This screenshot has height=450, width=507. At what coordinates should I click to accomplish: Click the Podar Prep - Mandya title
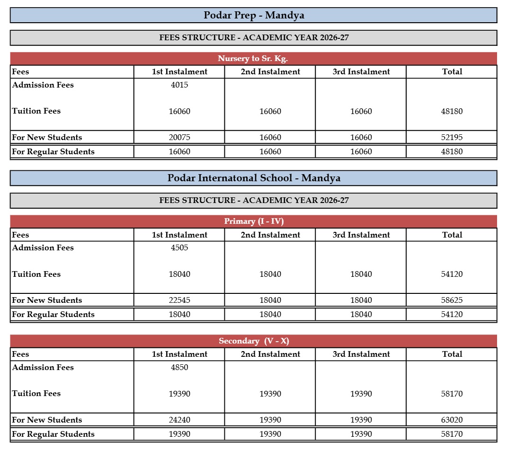(x=254, y=15)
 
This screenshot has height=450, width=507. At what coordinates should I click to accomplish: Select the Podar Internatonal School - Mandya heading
(x=254, y=178)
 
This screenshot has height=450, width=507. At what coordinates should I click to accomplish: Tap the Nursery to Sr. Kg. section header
(x=253, y=59)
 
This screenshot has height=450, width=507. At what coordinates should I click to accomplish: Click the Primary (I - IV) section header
(x=254, y=221)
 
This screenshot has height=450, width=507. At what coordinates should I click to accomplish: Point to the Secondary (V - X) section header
(x=254, y=341)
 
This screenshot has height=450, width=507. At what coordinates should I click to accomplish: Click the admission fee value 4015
(x=179, y=85)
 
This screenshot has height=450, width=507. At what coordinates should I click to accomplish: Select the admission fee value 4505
(x=179, y=248)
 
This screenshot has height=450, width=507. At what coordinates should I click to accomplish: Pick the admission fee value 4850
(x=179, y=367)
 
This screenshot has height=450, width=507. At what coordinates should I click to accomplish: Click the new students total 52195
(x=452, y=138)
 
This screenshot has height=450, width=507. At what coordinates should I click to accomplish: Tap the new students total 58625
(x=452, y=300)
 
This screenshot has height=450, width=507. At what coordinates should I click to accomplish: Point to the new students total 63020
(x=452, y=420)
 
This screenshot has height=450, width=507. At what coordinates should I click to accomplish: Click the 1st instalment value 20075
(x=179, y=138)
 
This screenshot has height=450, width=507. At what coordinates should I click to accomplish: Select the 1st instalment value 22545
(x=179, y=300)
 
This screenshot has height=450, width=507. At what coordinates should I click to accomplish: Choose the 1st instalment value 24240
(x=179, y=420)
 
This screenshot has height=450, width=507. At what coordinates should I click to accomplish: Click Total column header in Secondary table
(x=452, y=354)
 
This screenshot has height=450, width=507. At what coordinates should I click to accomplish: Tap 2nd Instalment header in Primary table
(x=270, y=235)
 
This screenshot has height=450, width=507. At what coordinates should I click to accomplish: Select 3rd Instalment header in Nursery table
(x=361, y=72)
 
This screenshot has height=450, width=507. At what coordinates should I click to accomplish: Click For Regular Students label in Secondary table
(x=53, y=434)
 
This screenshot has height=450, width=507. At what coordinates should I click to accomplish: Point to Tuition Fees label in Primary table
(x=36, y=274)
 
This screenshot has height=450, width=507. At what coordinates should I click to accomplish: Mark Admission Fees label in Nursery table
(x=43, y=85)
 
